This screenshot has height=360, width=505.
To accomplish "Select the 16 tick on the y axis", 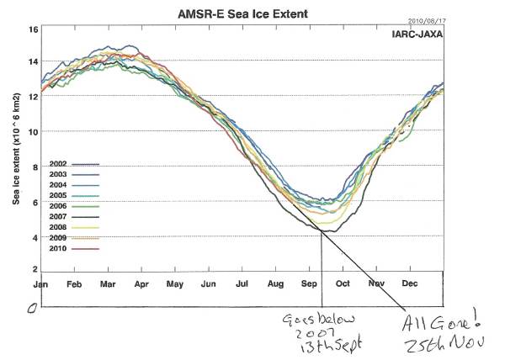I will pyautogui.click(x=34, y=29).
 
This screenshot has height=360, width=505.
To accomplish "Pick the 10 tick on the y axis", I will pyautogui.click(x=34, y=132).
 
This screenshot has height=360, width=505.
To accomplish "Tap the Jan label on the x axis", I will pyautogui.click(x=40, y=283).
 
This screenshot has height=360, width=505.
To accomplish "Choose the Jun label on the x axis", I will pyautogui.click(x=209, y=283).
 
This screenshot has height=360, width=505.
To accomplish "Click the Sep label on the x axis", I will pyautogui.click(x=308, y=283).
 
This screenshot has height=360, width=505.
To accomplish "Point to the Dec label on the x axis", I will pyautogui.click(x=410, y=283).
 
